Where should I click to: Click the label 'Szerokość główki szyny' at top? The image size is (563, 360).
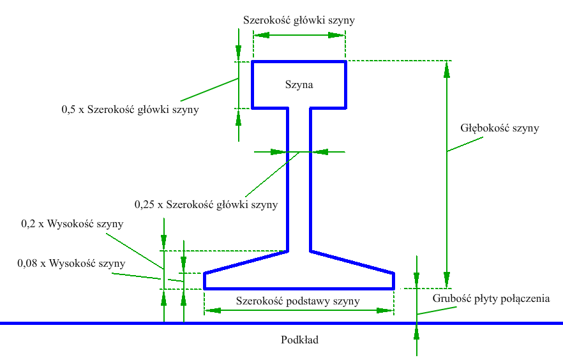pos(299,20)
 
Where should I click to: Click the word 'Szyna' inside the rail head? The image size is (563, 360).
pos(299,84)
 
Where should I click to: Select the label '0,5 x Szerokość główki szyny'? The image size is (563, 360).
pos(130,109)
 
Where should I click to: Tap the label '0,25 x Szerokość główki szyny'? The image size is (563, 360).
pos(206,205)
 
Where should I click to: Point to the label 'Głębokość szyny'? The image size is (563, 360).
pos(500,128)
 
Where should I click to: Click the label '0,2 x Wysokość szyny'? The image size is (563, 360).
pos(72,224)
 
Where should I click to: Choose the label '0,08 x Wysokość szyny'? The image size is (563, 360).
pos(71,263)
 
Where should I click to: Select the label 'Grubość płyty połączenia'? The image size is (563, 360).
pos(491,298)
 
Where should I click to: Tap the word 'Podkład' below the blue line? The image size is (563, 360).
pos(299,340)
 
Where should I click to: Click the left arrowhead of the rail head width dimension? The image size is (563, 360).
pos(259,35)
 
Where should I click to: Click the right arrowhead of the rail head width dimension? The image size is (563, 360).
pos(340,35)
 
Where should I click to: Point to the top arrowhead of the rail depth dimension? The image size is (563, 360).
pos(447,66)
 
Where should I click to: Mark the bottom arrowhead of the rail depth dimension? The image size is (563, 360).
pos(447,283)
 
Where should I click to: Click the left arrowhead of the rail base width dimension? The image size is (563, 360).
pos(210,310)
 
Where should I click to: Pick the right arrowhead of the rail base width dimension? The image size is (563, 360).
pos(387,310)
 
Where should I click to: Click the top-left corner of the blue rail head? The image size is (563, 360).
pos(253,62)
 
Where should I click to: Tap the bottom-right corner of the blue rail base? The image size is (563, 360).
pos(393,289)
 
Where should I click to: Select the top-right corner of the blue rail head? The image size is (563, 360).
pos(345,62)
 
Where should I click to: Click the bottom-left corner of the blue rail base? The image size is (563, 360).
pos(204,289)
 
